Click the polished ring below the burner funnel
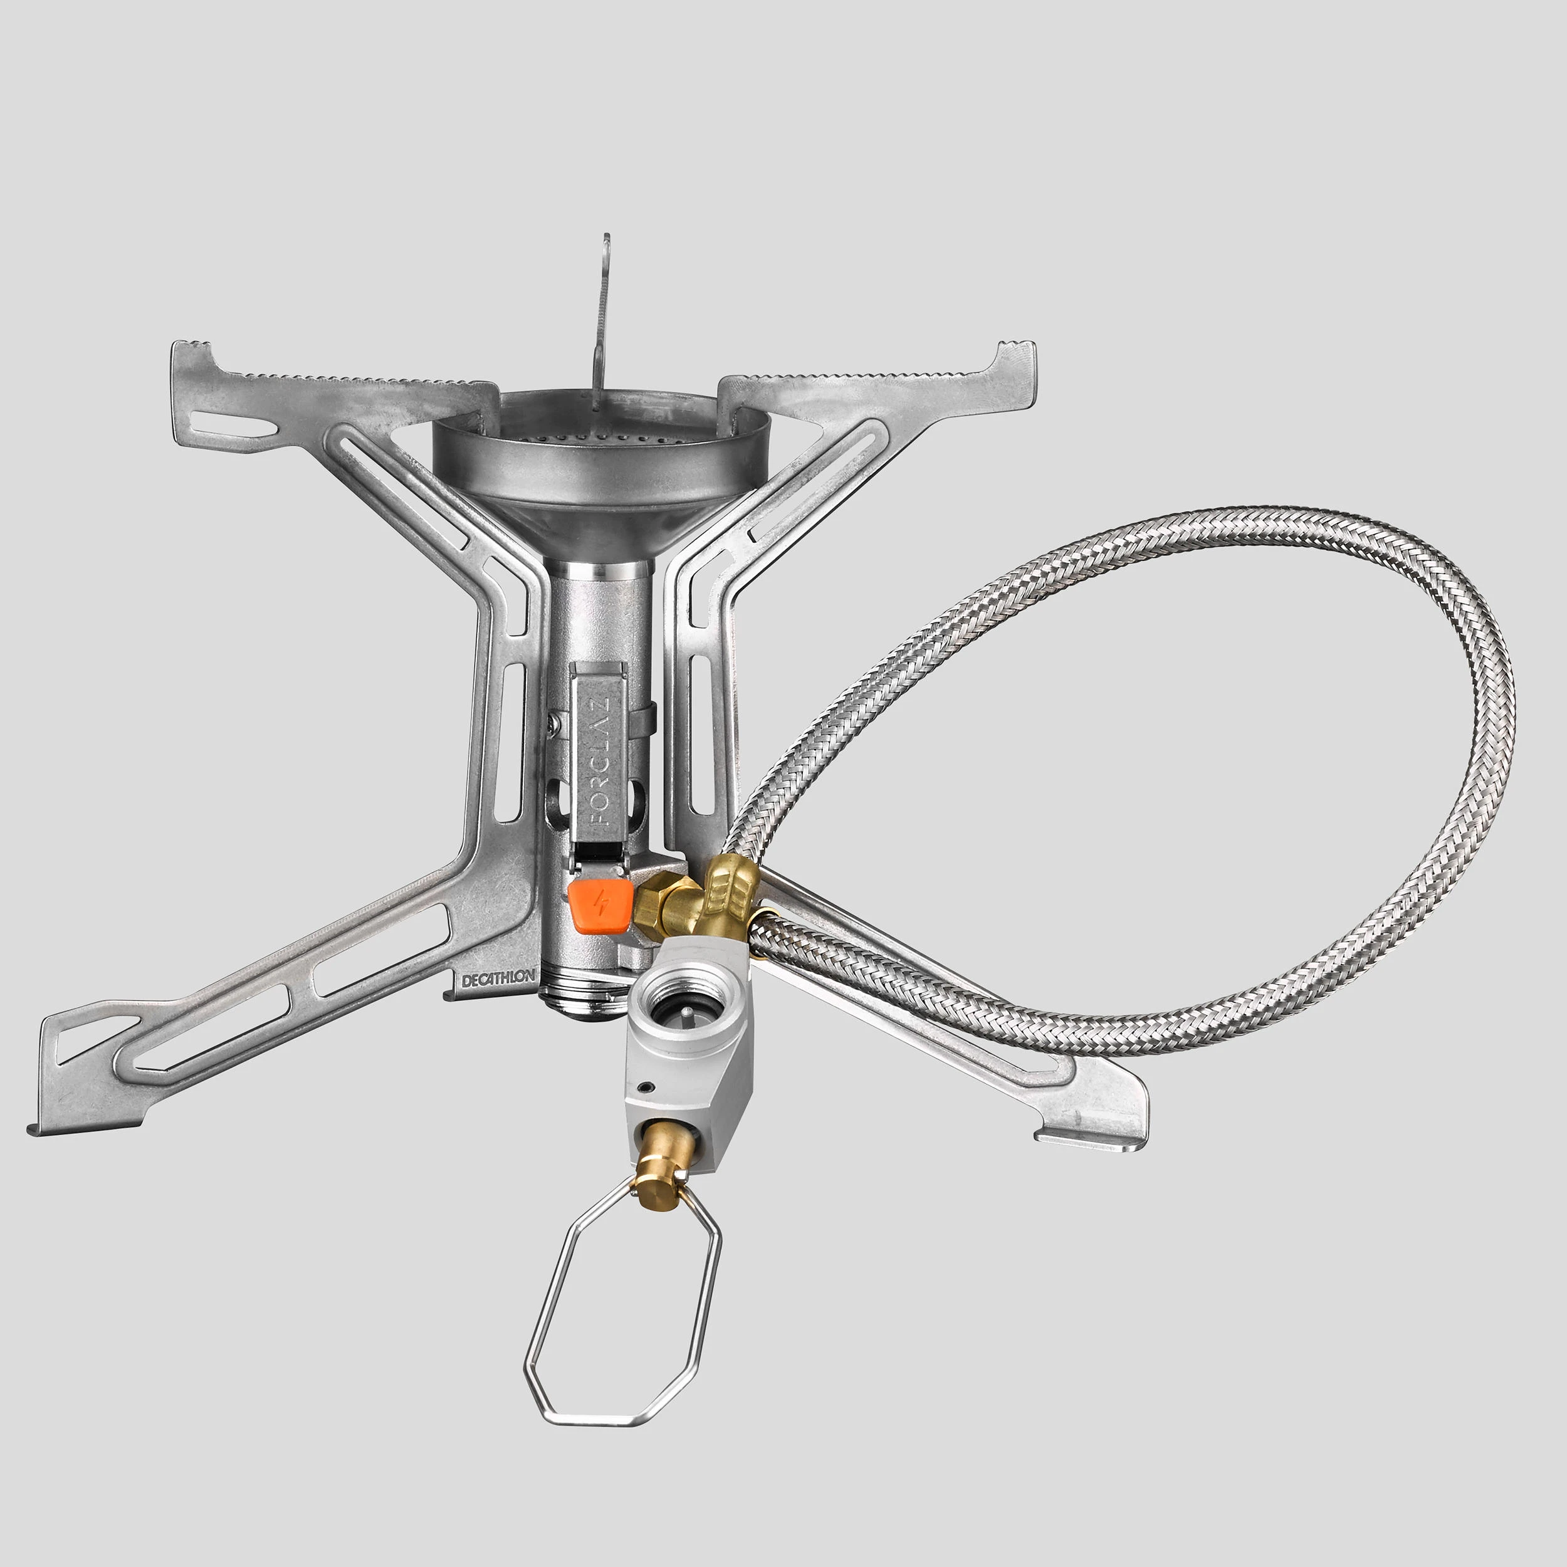click(602, 568)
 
